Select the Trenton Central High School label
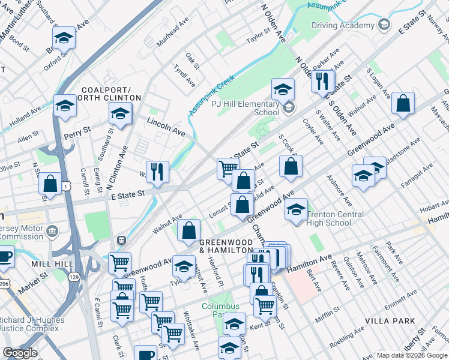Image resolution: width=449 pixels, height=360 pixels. click(x=336, y=218)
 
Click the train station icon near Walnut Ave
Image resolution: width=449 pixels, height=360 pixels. click(x=121, y=240)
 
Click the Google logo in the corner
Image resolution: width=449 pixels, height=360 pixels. click(x=20, y=353)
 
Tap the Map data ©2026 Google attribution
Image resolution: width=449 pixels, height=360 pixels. click(x=411, y=355)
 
